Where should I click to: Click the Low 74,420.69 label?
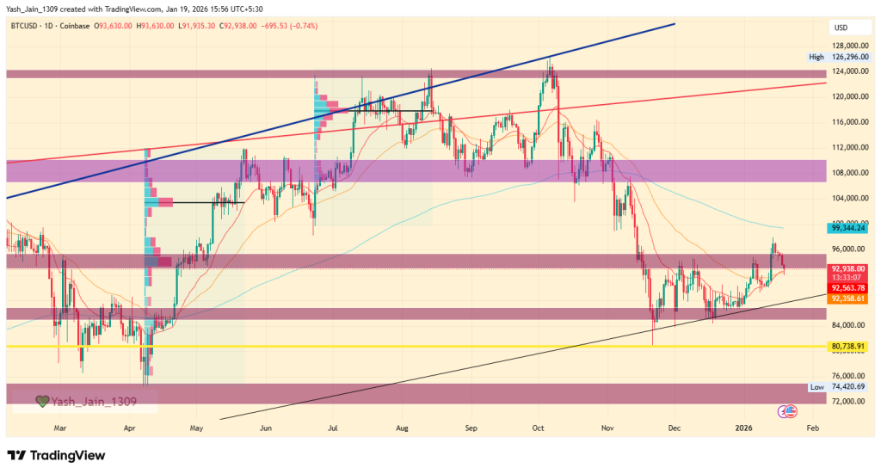click(x=840, y=387)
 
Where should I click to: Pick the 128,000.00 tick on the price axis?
click(x=848, y=46)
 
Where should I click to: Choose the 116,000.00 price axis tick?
click(x=848, y=122)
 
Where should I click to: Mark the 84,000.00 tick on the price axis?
click(x=848, y=325)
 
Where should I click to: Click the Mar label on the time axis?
click(x=59, y=427)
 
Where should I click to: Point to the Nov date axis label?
click(x=607, y=427)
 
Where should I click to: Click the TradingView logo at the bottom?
click(x=56, y=455)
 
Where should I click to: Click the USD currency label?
click(x=840, y=28)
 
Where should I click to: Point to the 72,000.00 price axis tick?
click(x=848, y=402)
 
